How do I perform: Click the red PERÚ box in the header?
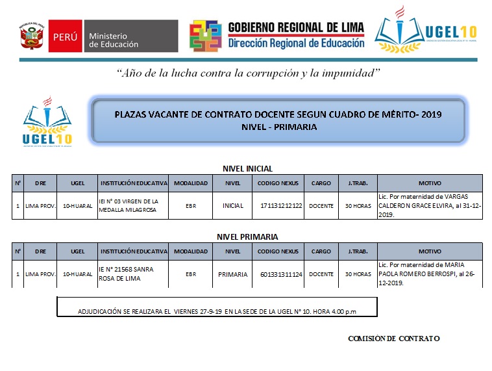click(66, 36)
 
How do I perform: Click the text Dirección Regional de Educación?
click(296, 43)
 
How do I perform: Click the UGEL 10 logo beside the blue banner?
click(47, 122)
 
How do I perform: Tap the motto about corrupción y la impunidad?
click(247, 73)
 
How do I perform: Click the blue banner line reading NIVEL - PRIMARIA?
click(278, 127)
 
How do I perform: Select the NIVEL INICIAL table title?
click(247, 168)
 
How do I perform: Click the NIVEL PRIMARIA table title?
click(247, 237)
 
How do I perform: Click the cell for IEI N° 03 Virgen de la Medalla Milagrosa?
click(133, 206)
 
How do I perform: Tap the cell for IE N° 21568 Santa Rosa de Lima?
click(133, 274)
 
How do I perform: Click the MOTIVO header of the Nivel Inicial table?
click(429, 183)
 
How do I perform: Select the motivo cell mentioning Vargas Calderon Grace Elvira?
click(429, 206)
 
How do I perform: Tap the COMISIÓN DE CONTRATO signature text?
click(394, 339)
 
